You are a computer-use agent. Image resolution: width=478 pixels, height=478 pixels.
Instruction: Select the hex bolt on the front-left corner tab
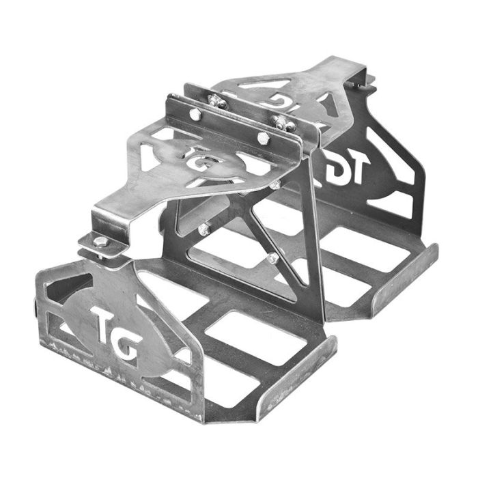100,241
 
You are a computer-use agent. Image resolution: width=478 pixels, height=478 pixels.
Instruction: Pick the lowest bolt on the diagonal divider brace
273,257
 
